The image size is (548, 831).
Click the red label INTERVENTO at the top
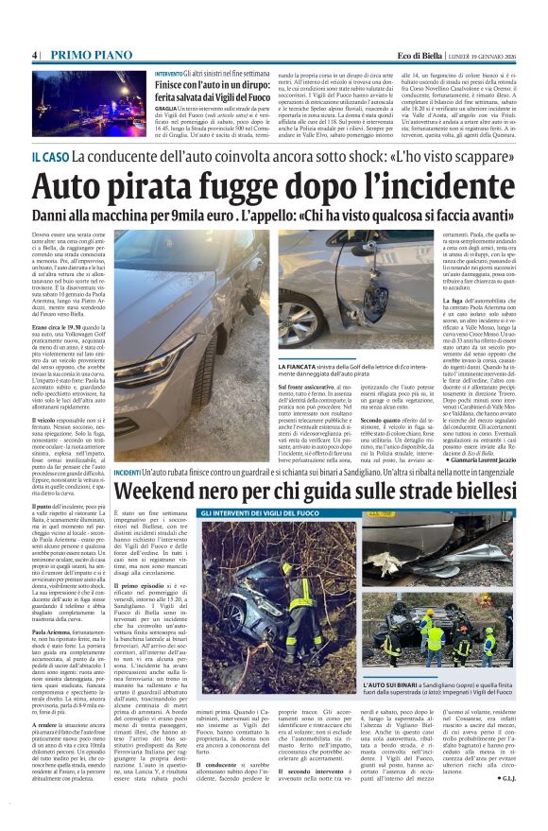coord(170,73)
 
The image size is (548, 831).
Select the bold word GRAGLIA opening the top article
coord(167,108)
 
